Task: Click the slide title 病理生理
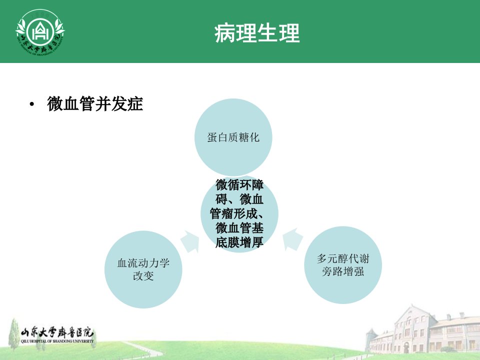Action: [x=257, y=33]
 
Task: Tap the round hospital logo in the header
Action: [x=40, y=32]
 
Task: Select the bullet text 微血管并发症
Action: [x=95, y=104]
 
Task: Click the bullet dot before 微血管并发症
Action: [x=32, y=104]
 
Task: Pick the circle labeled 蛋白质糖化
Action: [x=233, y=137]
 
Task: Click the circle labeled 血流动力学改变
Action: [x=143, y=269]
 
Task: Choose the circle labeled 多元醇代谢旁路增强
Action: [x=343, y=265]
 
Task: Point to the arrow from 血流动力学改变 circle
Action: [x=190, y=241]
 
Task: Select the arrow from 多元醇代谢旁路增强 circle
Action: [x=291, y=239]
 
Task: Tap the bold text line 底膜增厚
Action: [x=239, y=242]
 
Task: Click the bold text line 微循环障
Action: [x=239, y=184]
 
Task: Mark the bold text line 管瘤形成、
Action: [x=236, y=213]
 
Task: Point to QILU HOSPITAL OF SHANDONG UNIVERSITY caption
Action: [x=57, y=341]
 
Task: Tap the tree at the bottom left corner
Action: [x=14, y=334]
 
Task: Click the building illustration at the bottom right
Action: [x=422, y=330]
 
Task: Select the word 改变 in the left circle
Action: [x=143, y=276]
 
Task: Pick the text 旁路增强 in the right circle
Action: [x=343, y=271]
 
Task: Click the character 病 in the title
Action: [x=224, y=33]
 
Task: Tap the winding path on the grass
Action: [x=141, y=349]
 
